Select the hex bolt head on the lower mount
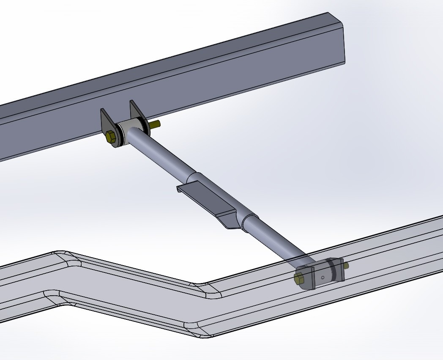click(298, 278)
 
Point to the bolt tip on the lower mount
click(346, 265)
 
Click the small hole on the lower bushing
click(323, 278)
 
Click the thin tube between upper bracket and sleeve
click(165, 152)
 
